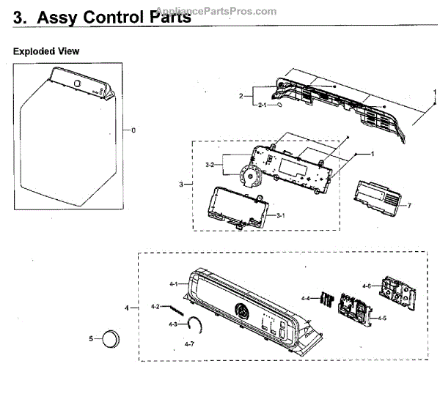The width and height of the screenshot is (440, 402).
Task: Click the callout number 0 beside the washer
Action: [x=133, y=130]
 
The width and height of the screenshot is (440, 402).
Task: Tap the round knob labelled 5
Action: [x=111, y=339]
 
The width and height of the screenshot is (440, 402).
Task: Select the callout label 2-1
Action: [x=262, y=106]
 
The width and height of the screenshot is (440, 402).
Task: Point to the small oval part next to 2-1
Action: [x=280, y=106]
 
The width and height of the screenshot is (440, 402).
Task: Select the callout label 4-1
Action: [x=174, y=283]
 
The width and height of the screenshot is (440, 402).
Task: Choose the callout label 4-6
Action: [x=366, y=286]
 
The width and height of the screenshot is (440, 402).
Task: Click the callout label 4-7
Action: [x=188, y=343]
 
